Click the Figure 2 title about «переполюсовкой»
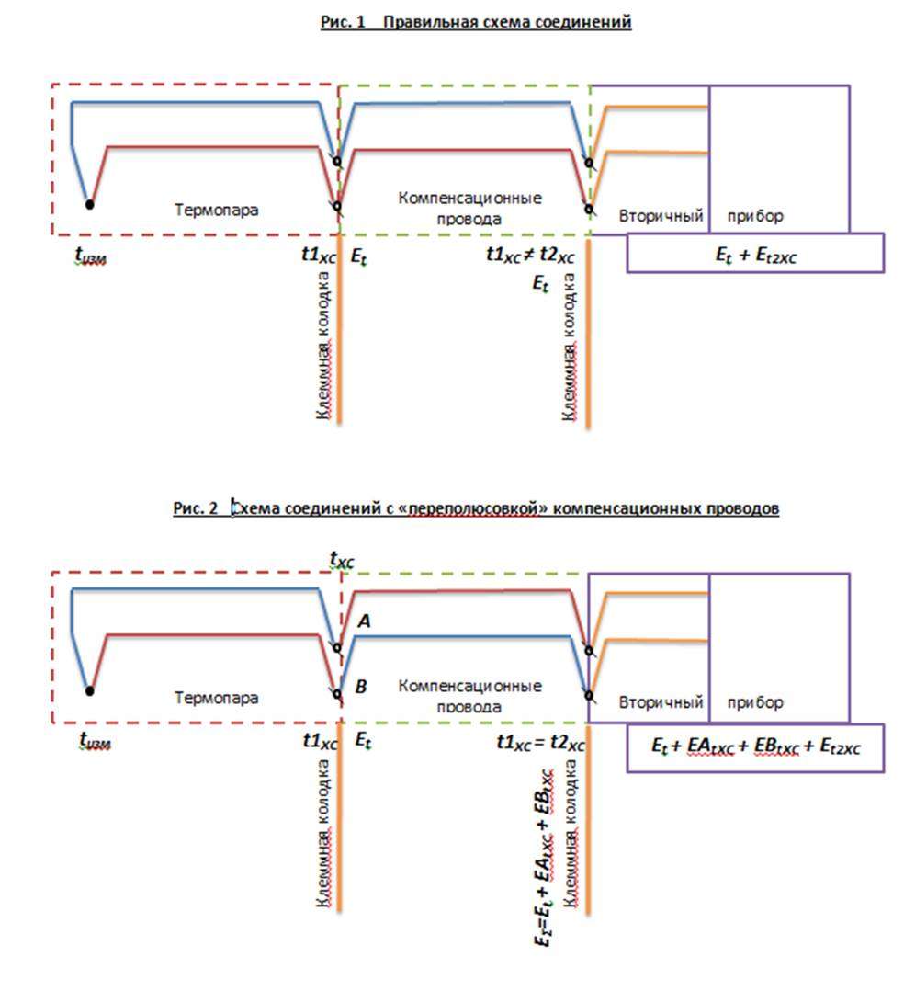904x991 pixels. click(476, 508)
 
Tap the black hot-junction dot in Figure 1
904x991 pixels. click(89, 204)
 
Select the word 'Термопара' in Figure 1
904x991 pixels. click(217, 210)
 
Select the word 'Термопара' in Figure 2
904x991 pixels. click(217, 698)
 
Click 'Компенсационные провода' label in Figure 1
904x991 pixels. click(469, 209)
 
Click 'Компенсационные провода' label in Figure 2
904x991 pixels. click(469, 697)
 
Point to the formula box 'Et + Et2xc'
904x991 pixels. click(755, 253)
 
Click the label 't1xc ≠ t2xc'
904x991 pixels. click(530, 256)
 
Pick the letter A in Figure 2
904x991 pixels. click(364, 622)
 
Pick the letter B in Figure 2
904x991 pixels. click(361, 686)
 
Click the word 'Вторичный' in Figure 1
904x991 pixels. click(661, 216)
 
